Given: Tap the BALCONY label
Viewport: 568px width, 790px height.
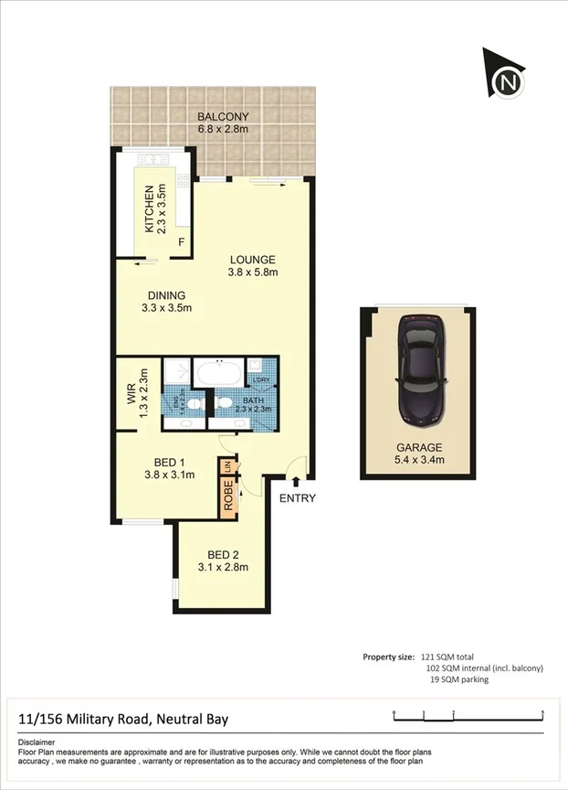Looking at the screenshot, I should coord(224,116).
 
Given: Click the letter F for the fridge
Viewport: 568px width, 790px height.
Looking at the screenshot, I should coord(181,242).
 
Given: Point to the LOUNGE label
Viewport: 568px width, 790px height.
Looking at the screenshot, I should coord(253,259).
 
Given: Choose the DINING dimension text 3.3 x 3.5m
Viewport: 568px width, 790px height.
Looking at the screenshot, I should coord(167,308).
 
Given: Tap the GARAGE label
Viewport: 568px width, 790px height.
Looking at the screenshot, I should coord(418,448).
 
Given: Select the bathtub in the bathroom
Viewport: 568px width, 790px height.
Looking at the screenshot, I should coord(219,374).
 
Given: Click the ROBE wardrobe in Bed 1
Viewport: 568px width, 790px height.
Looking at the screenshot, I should coord(227,498).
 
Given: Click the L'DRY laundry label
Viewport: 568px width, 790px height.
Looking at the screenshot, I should coord(261,379).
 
